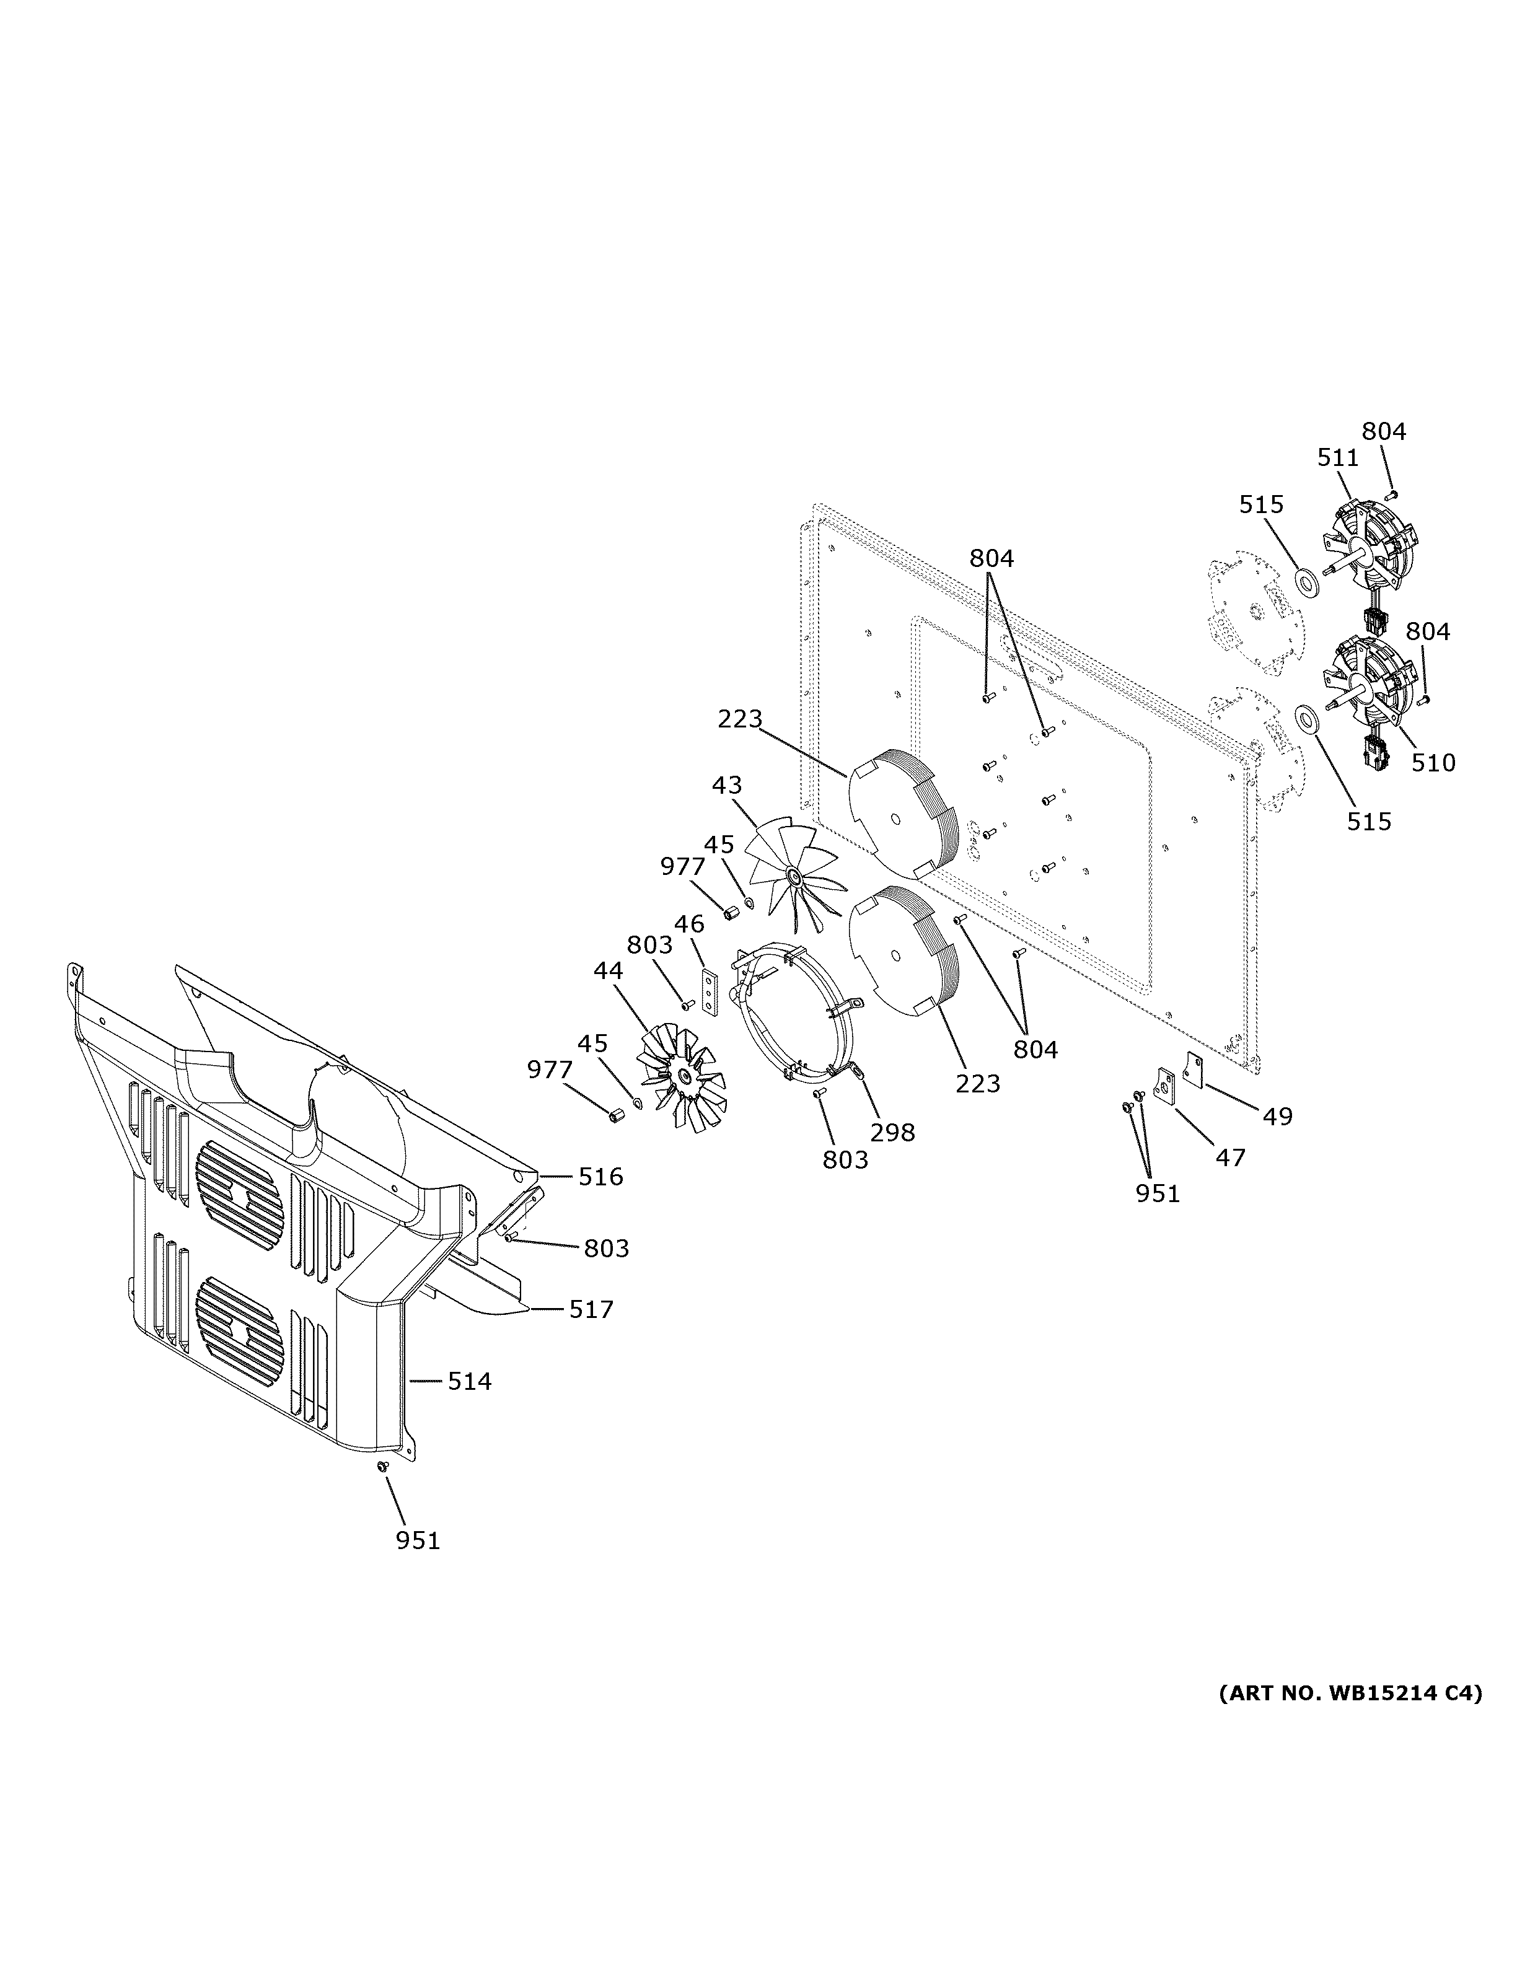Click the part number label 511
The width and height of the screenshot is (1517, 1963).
(x=1337, y=457)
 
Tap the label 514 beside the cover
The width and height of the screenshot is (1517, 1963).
(x=470, y=1381)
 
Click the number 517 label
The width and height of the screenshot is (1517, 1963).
(x=591, y=1309)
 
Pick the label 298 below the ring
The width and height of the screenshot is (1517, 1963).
(x=892, y=1133)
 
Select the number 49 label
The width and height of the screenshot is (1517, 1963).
(x=1277, y=1117)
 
